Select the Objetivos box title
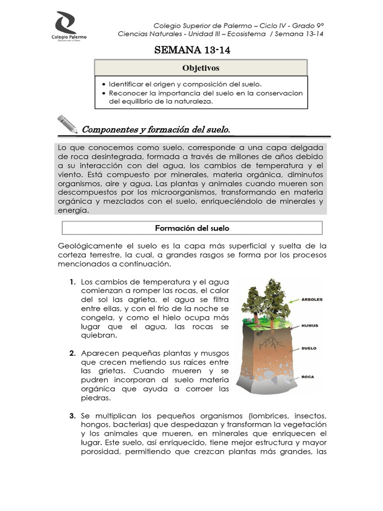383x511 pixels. click(x=201, y=68)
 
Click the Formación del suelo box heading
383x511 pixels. click(x=192, y=228)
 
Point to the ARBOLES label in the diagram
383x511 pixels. click(x=312, y=300)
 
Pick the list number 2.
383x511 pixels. click(x=72, y=353)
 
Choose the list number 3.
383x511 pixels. click(x=72, y=416)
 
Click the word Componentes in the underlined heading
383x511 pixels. click(x=110, y=130)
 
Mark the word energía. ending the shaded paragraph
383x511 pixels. click(x=73, y=210)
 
